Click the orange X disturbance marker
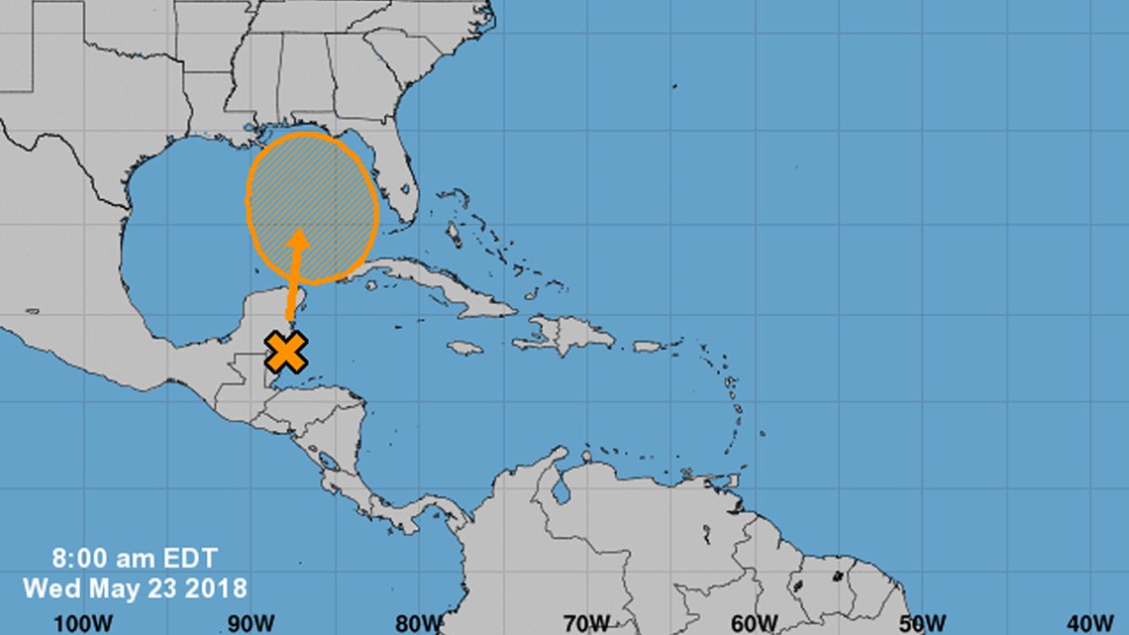click(x=286, y=352)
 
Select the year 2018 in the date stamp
click(x=220, y=587)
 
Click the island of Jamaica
click(x=464, y=348)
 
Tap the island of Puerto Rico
click(x=647, y=347)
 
